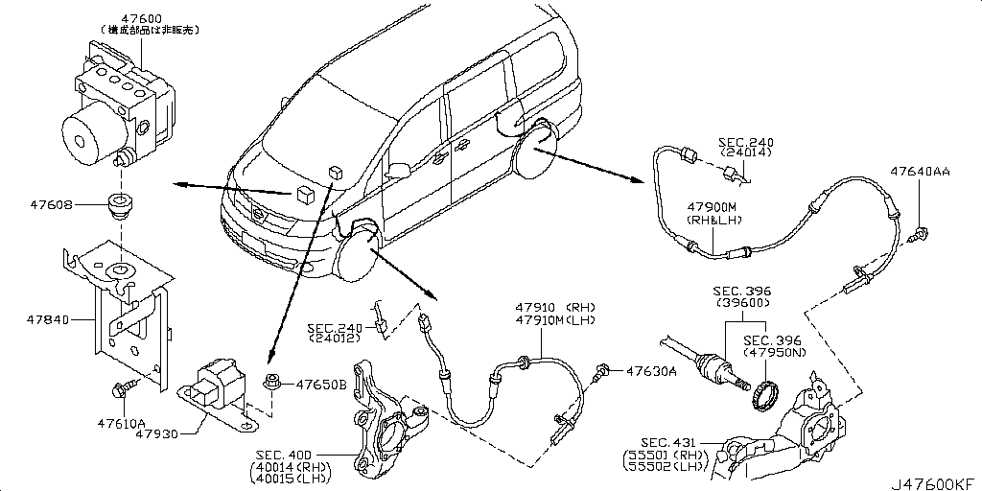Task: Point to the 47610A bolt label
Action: click(x=120, y=423)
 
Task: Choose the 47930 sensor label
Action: click(x=156, y=434)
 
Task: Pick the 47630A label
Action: click(x=652, y=370)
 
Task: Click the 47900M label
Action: click(x=711, y=207)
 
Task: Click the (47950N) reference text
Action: click(x=773, y=353)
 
